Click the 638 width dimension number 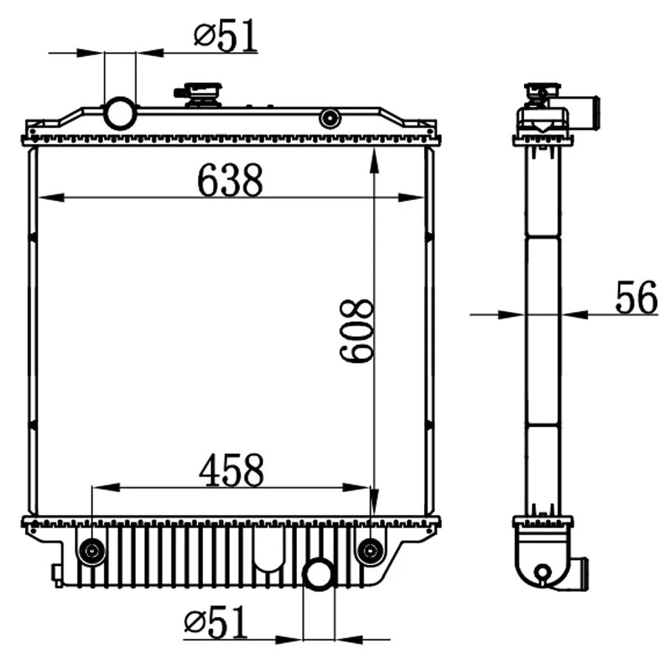tap(230, 180)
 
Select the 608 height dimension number tap(357, 330)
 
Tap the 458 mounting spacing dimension tap(231, 471)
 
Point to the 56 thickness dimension tap(635, 299)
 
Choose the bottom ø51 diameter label tap(215, 624)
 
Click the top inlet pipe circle tap(120, 113)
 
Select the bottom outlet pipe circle tap(319, 574)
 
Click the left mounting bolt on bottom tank tap(92, 550)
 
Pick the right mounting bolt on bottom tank tap(369, 550)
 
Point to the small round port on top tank tap(330, 117)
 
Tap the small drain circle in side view tap(543, 571)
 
